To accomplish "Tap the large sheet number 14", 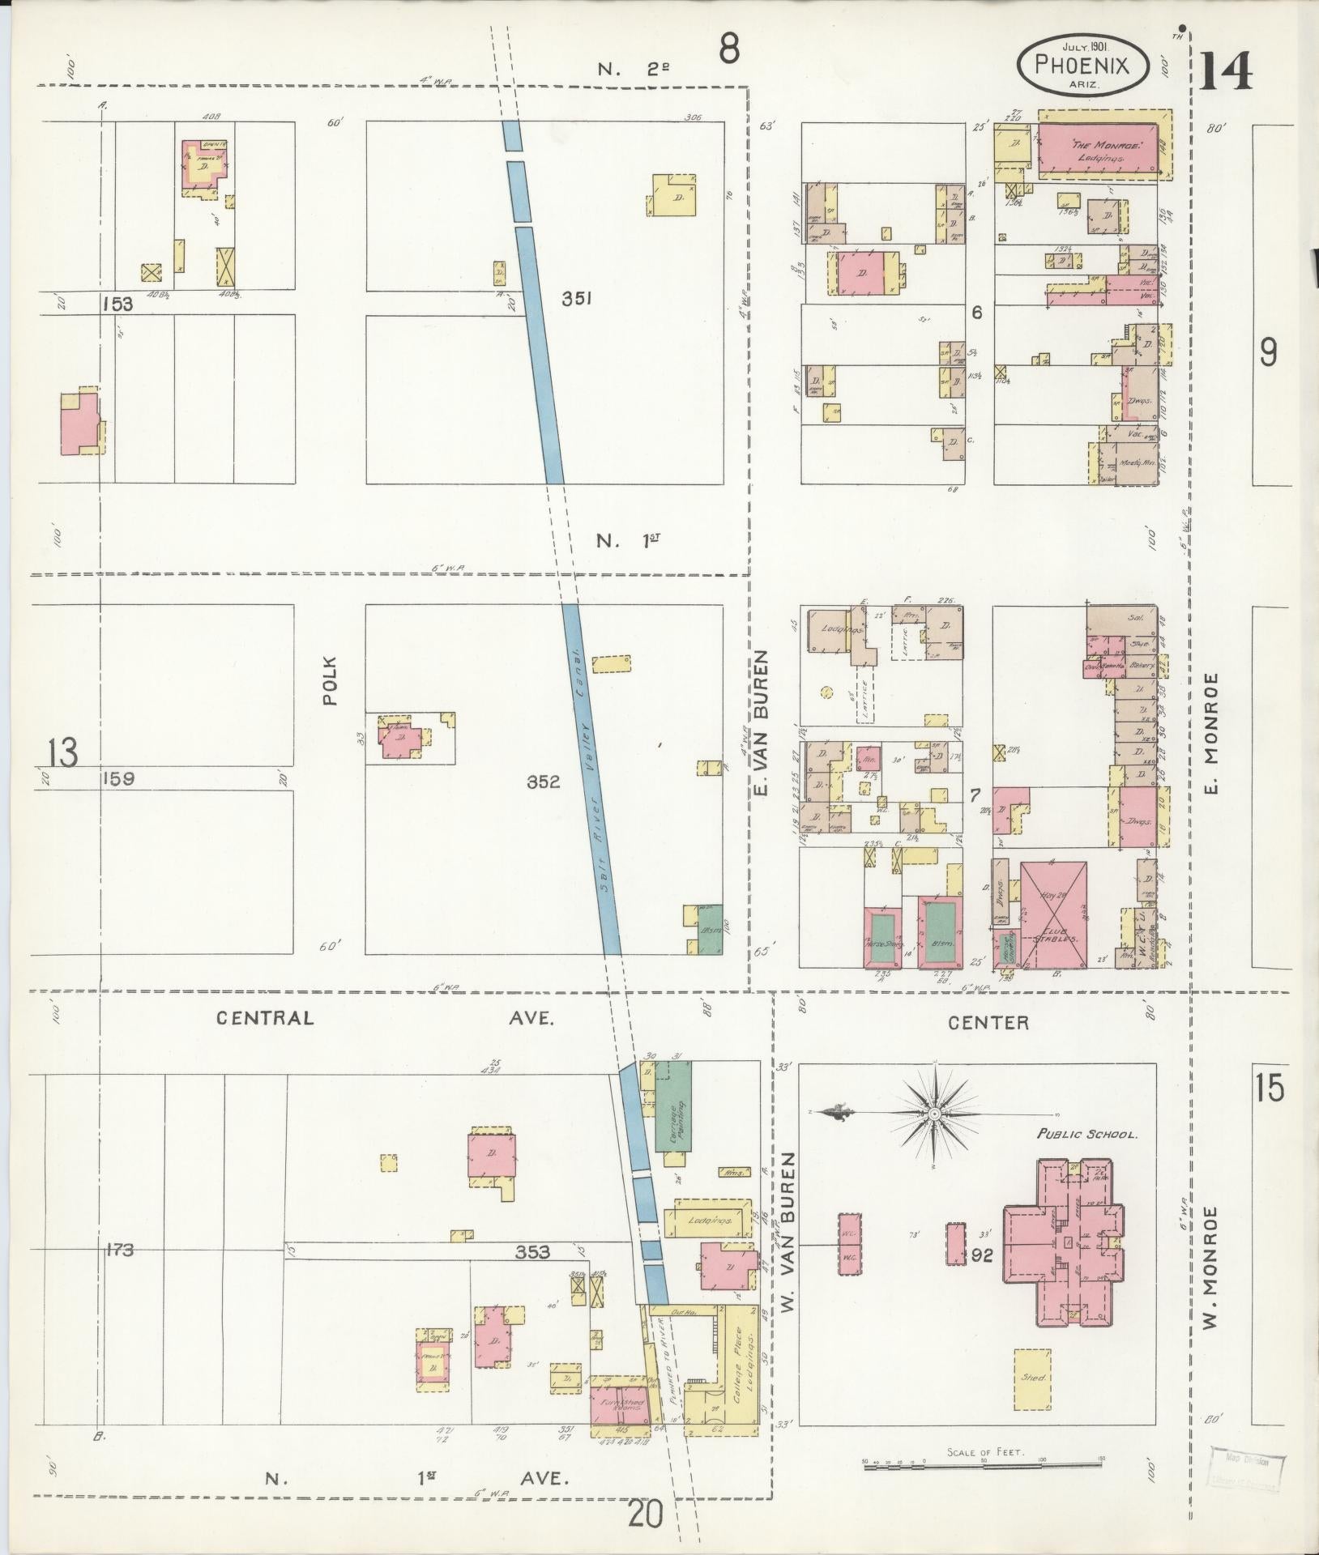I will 1226,71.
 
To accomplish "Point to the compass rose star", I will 934,1114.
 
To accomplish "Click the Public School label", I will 1088,1134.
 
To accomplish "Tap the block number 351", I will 577,298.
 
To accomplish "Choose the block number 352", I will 544,782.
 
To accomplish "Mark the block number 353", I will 532,1252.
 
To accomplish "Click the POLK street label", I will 330,680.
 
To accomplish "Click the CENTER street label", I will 988,1022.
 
